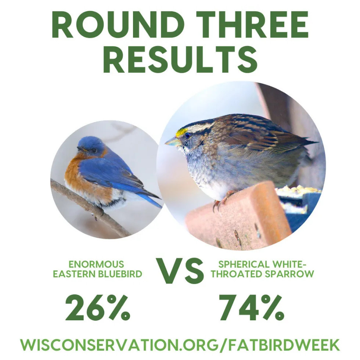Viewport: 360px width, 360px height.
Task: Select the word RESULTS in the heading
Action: pyautogui.click(x=180, y=59)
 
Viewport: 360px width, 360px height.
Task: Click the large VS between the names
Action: pyautogui.click(x=180, y=271)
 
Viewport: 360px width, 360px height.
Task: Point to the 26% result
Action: pyautogui.click(x=98, y=308)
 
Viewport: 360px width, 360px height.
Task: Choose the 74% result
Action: pyautogui.click(x=251, y=308)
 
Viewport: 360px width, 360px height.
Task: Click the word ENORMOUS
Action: pyautogui.click(x=96, y=264)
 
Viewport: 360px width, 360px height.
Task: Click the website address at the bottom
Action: pyautogui.click(x=180, y=345)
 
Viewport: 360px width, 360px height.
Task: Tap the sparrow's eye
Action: pyautogui.click(x=188, y=136)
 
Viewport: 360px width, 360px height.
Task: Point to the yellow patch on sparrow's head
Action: pyautogui.click(x=181, y=133)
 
